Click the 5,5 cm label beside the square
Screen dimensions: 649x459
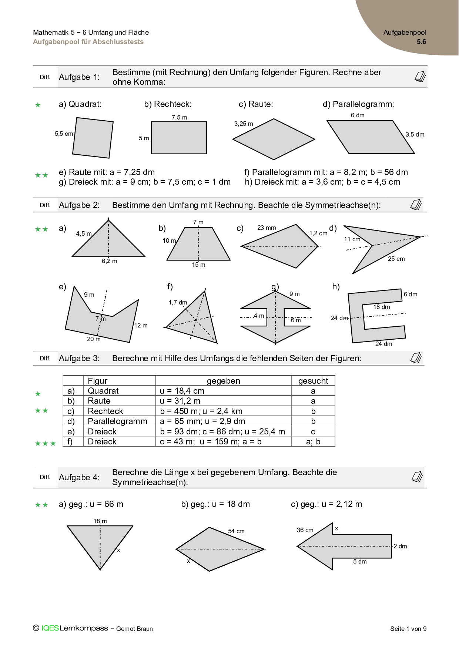click(64, 134)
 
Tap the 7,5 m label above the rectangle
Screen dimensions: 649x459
click(179, 118)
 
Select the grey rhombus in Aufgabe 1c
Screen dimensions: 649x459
click(274, 139)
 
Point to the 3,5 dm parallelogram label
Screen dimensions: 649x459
click(415, 135)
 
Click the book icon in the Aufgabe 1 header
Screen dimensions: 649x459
click(420, 77)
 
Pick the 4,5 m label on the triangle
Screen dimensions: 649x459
click(84, 234)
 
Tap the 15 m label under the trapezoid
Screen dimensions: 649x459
click(198, 265)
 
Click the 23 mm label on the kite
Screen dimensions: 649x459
click(267, 228)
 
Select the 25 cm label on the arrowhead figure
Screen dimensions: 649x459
click(396, 259)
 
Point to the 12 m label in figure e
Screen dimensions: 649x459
click(141, 326)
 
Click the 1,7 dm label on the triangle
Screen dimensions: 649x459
click(178, 303)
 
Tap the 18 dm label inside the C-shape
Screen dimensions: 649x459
click(381, 307)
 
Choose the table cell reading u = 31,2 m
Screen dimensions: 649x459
click(180, 401)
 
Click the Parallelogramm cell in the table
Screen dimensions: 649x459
click(117, 421)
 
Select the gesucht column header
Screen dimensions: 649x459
click(313, 381)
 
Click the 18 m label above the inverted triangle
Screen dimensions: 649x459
click(100, 521)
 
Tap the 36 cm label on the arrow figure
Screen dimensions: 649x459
click(305, 530)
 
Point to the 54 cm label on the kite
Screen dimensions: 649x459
click(236, 531)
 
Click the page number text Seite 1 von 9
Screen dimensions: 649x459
click(408, 629)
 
